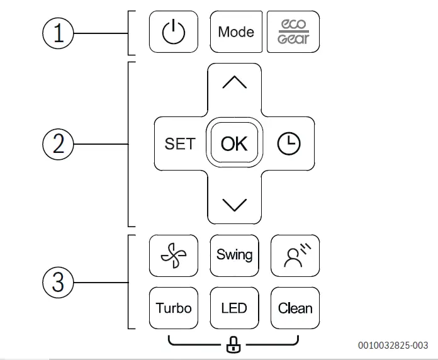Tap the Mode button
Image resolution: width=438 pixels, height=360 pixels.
236,31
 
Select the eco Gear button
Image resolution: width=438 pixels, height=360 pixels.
293,31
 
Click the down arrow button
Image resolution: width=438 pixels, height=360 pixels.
234,203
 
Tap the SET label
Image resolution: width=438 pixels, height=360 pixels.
180,144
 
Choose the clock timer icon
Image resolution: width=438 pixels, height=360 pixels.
289,144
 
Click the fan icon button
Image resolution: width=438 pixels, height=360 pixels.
174,255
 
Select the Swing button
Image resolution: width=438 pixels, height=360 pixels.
234,255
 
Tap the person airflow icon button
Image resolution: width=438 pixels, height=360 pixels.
295,255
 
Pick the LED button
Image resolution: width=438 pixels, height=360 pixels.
234,308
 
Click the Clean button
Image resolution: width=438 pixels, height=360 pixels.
295,308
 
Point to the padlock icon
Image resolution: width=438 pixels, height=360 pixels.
234,344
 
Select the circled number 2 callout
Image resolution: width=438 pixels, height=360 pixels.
59,144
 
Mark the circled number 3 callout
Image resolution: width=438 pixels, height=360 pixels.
59,282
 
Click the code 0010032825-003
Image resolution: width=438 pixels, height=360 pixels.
393,345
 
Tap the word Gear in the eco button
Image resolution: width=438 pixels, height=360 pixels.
293,39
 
